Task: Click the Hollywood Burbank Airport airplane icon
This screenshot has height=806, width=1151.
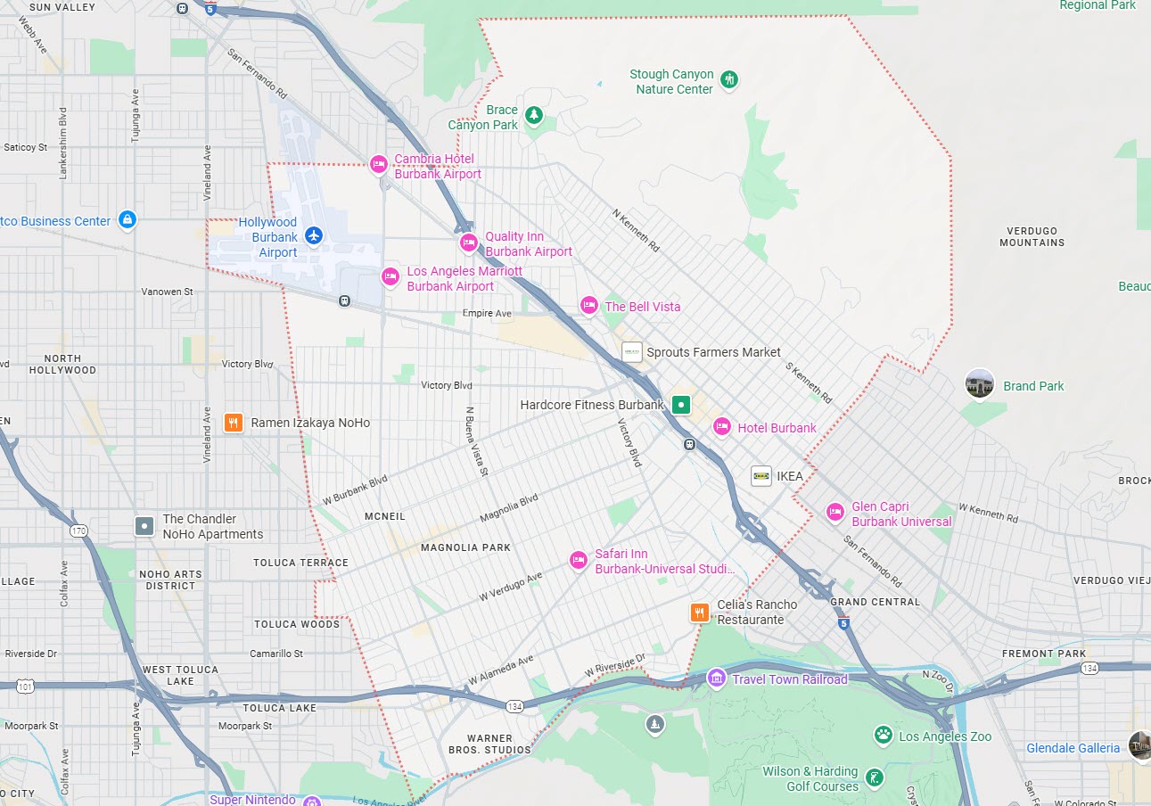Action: point(313,235)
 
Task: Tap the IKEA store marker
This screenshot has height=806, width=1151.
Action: point(761,476)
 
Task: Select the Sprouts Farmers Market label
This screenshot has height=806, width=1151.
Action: point(713,352)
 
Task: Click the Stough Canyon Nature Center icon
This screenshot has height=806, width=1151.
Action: point(729,80)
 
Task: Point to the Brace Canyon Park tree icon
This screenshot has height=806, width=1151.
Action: point(534,115)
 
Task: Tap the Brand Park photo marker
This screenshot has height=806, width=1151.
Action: point(980,384)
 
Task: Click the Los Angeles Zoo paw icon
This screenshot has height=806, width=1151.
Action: point(884,735)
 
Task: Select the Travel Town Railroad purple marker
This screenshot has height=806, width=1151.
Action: point(716,679)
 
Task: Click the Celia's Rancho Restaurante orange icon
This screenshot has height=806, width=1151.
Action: point(700,613)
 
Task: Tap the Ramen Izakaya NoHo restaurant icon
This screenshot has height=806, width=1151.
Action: point(233,423)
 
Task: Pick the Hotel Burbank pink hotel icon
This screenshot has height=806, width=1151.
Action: point(721,428)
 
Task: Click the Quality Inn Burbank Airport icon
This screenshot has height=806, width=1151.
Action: point(469,243)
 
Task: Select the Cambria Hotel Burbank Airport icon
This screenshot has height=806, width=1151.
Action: point(379,164)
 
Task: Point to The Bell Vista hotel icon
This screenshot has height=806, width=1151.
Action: point(588,306)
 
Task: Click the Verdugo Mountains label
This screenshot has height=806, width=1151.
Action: point(1032,236)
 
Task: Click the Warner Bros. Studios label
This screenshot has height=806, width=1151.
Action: point(489,744)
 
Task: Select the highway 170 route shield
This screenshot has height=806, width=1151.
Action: point(79,531)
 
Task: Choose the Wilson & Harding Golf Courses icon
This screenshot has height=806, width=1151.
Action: point(876,777)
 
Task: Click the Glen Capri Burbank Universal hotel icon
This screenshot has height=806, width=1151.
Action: point(835,512)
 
